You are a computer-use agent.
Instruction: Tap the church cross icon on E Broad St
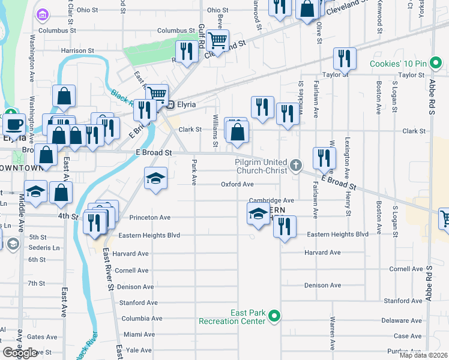pyautogui.click(x=295, y=164)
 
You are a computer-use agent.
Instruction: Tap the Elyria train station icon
pyautogui.click(x=170, y=104)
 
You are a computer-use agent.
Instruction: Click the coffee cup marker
pyautogui.click(x=14, y=124)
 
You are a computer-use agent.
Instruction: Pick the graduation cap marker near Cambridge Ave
pyautogui.click(x=258, y=213)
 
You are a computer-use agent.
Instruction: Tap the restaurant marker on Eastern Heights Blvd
pyautogui.click(x=285, y=226)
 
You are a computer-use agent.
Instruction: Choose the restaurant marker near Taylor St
pyautogui.click(x=344, y=58)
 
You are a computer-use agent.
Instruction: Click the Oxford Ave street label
pyautogui.click(x=237, y=185)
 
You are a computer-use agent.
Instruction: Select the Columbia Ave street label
pyautogui.click(x=132, y=319)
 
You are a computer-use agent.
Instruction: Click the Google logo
pyautogui.click(x=20, y=353)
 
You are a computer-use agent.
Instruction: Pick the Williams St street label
pyautogui.click(x=214, y=131)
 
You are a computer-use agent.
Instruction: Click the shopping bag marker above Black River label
pyautogui.click(x=64, y=96)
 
